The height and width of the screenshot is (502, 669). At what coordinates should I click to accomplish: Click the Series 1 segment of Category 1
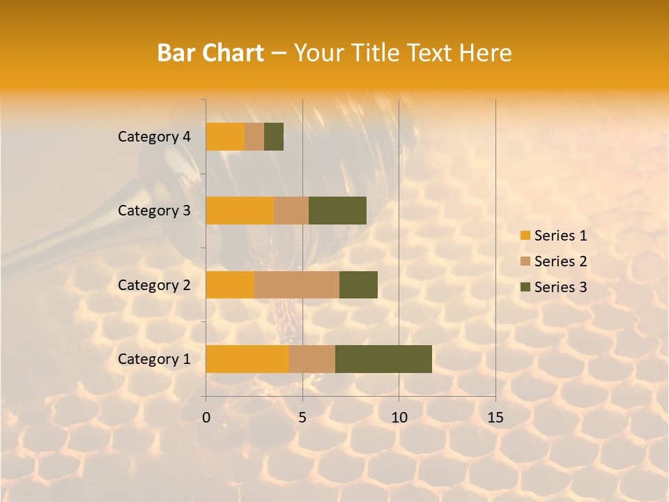[x=247, y=359]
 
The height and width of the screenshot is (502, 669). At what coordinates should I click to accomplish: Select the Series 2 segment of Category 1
[x=312, y=359]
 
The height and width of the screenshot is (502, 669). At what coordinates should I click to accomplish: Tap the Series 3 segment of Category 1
[x=383, y=359]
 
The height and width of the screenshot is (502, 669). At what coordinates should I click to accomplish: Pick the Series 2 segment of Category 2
[x=297, y=284]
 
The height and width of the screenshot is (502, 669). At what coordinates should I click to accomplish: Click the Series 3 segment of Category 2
[x=358, y=284]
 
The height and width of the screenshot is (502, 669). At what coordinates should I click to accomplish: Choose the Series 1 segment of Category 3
[x=240, y=211]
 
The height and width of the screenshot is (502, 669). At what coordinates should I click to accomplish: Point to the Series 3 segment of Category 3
[x=337, y=211]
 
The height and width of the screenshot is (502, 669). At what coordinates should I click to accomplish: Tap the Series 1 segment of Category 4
[x=225, y=137]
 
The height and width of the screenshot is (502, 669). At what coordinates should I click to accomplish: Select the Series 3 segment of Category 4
[x=274, y=137]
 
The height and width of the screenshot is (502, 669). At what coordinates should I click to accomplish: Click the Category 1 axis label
[x=154, y=359]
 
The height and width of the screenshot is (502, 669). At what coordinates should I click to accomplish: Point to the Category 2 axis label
[x=154, y=285]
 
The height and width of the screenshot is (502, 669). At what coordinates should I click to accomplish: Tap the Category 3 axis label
[x=154, y=211]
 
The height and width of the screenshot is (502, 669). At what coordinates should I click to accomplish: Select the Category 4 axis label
[x=154, y=137]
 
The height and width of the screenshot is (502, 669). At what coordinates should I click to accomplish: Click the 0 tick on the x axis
[x=206, y=418]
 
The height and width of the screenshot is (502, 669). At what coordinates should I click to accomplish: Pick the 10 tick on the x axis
[x=399, y=418]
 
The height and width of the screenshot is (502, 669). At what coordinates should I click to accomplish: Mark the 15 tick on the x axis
[x=495, y=418]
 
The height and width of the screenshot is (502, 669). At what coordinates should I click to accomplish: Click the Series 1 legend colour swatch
[x=525, y=236]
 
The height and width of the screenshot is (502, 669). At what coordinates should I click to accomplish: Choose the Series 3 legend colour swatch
[x=525, y=287]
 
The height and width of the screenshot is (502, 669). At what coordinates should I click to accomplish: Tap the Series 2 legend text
[x=560, y=261]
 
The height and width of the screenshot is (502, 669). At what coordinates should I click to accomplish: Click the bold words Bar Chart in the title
[x=210, y=53]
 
